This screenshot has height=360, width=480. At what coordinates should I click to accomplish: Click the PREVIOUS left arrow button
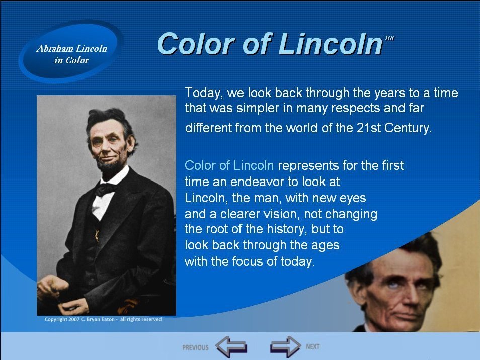[x=231, y=347]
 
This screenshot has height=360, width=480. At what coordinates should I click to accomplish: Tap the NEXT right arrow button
[x=286, y=347]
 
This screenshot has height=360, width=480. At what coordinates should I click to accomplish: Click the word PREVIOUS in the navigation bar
[x=195, y=347]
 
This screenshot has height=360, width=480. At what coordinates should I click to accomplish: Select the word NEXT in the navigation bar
[x=313, y=346]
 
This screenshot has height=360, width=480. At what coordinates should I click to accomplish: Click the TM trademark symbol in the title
[x=389, y=38]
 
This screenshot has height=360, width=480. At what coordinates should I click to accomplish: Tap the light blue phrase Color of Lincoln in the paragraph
[x=229, y=165]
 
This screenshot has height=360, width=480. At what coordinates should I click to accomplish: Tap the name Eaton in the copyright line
[x=108, y=319]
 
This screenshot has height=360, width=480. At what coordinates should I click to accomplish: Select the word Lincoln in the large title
[x=331, y=43]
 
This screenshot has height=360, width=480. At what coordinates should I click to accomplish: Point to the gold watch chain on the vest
[x=97, y=235]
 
